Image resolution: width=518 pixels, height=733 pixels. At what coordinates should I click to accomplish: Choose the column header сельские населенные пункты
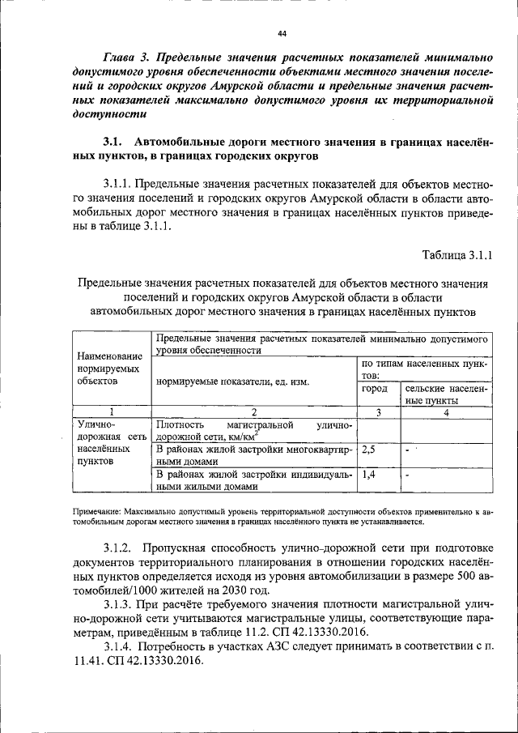click(445, 394)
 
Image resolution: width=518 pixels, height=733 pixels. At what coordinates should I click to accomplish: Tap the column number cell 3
click(378, 411)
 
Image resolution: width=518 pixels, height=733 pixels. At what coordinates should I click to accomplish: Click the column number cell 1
click(112, 411)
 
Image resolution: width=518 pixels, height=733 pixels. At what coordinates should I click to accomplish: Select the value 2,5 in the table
click(369, 449)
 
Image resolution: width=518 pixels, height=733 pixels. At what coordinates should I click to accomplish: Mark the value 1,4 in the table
click(369, 475)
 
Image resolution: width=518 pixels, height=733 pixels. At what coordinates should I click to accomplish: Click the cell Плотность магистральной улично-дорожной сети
click(253, 430)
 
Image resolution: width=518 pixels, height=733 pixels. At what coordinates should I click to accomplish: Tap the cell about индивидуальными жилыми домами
click(253, 480)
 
